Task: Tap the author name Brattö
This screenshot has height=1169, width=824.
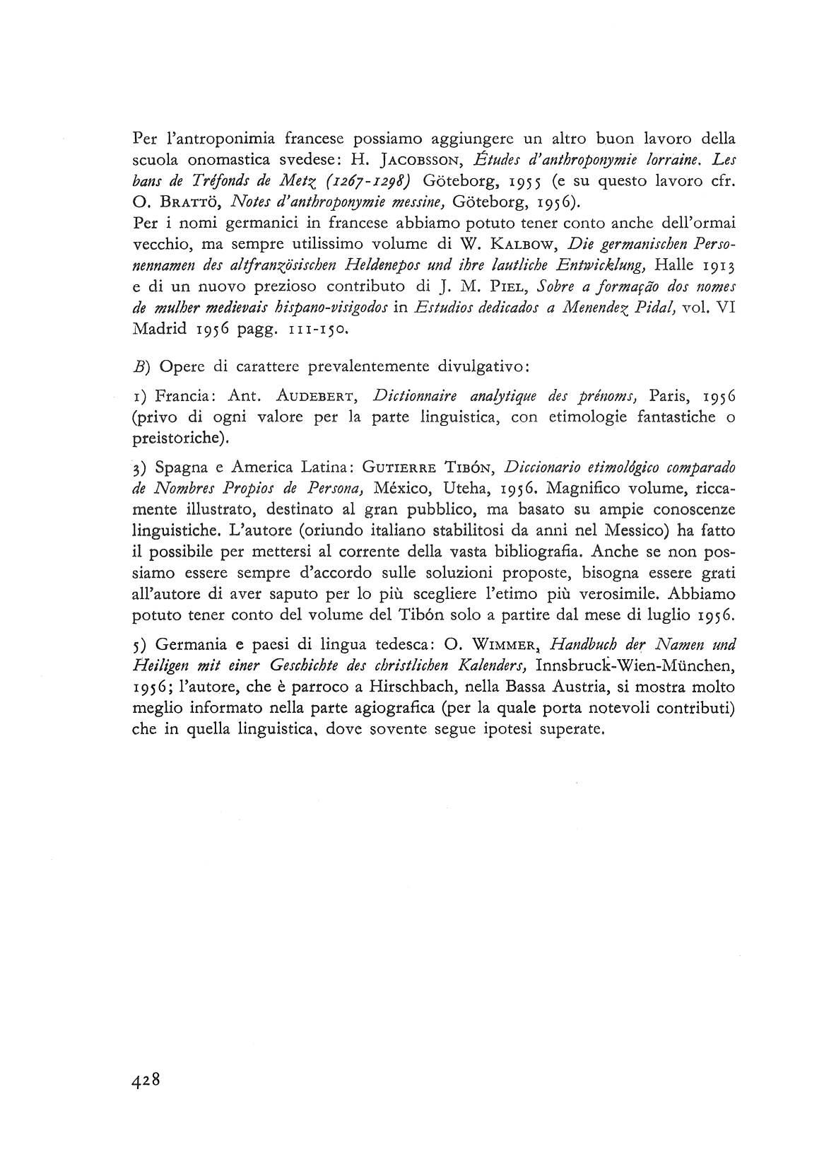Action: pos(181,204)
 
